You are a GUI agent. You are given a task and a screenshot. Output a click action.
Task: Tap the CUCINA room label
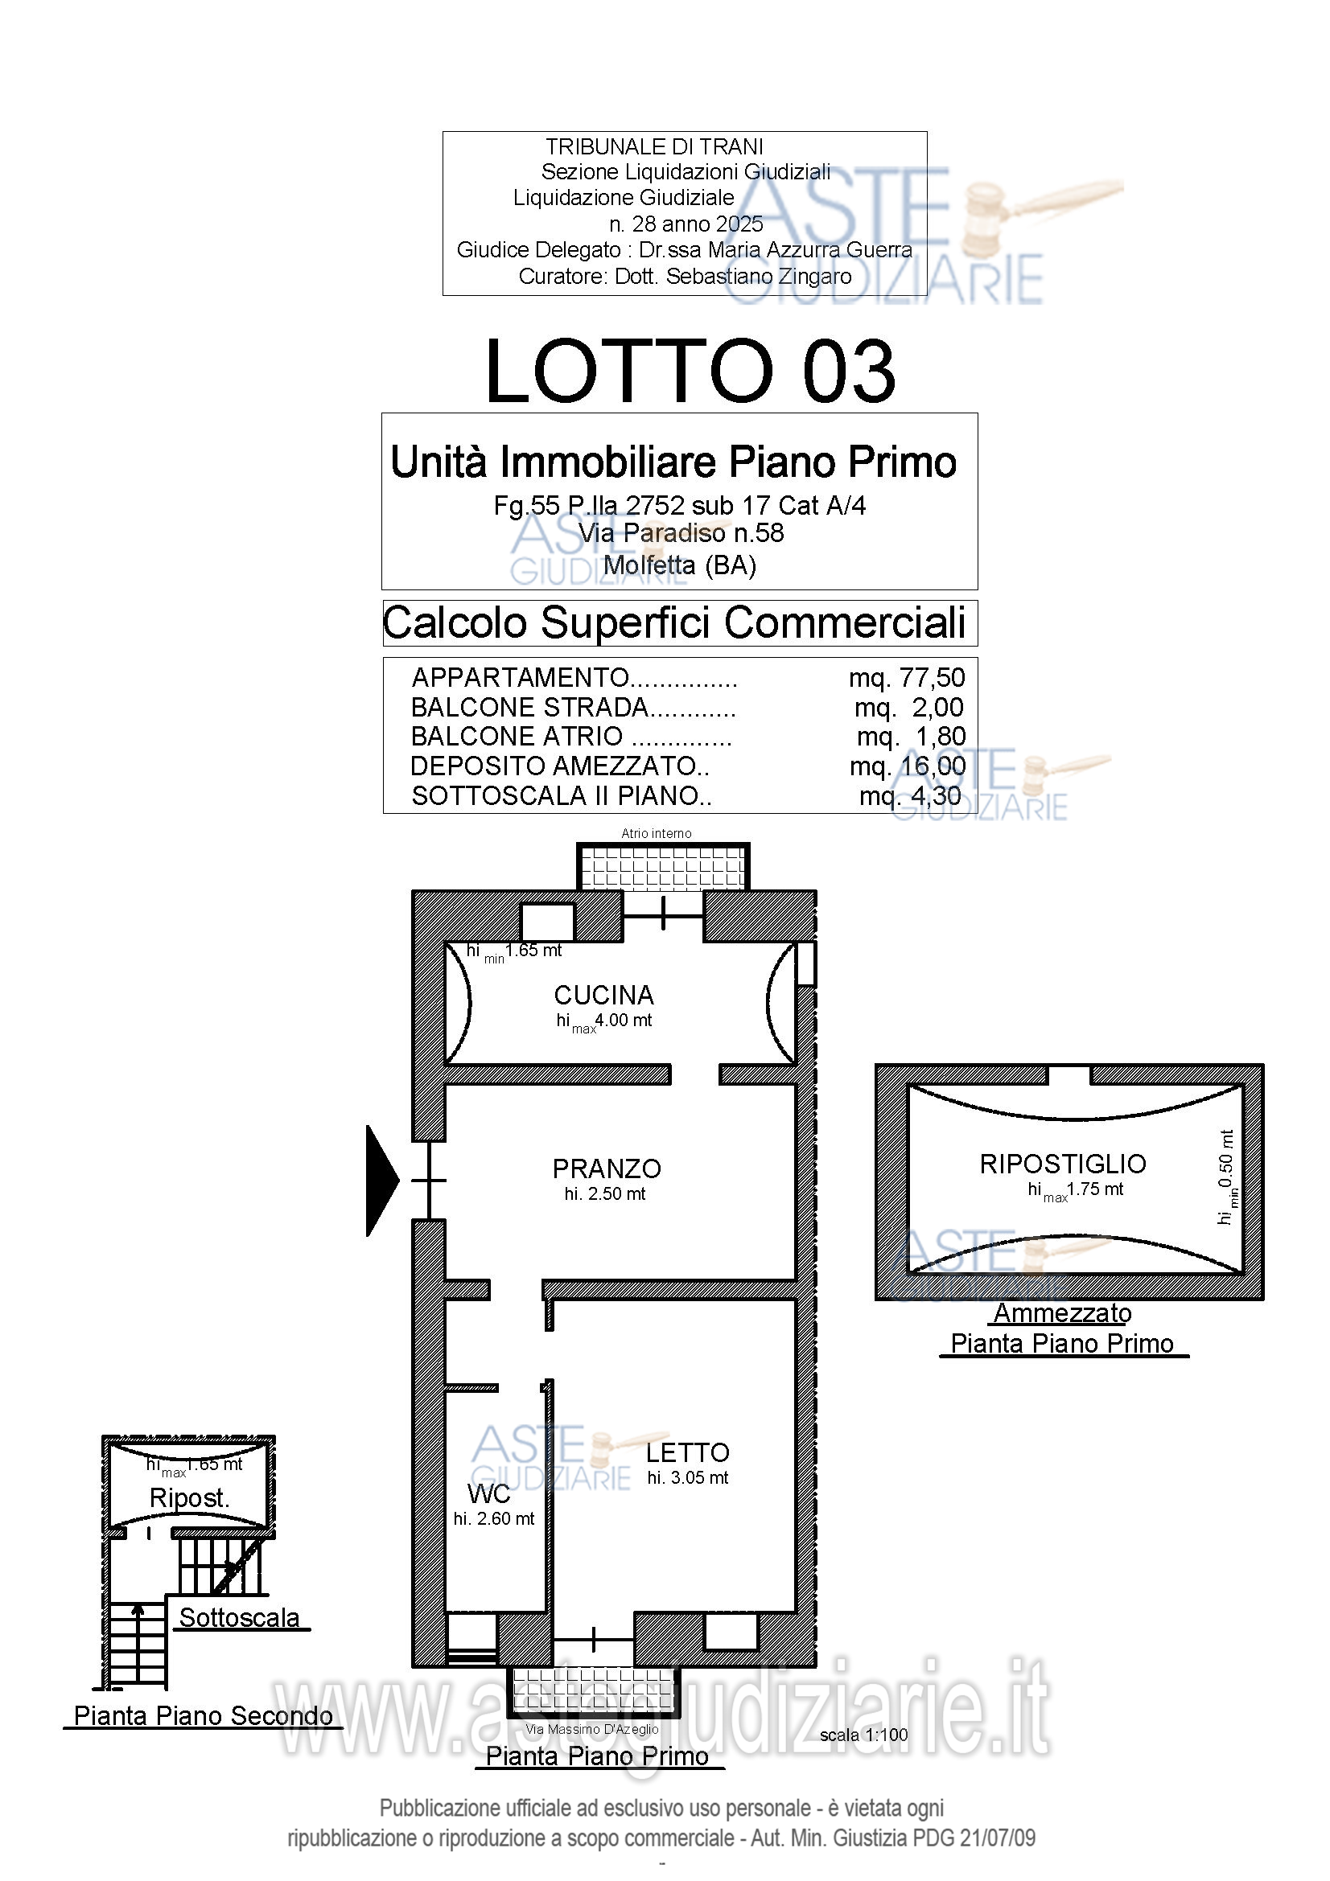coord(604,996)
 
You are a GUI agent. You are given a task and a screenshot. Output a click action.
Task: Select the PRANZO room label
coord(607,1169)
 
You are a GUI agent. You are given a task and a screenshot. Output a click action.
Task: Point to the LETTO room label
coord(688,1453)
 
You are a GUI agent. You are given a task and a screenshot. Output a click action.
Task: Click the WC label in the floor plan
coord(488,1493)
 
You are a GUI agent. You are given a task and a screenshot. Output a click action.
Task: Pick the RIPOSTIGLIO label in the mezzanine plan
coord(1063,1164)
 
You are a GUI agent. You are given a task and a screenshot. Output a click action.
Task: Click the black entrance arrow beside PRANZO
coord(382,1181)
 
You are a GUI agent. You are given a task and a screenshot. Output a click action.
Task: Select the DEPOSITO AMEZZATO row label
coord(561,766)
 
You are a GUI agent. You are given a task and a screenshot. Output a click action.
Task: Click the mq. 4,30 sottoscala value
coord(911,795)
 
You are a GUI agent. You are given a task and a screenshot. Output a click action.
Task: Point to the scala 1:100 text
coord(863,1735)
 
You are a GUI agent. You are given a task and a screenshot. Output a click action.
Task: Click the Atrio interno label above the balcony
coord(657,834)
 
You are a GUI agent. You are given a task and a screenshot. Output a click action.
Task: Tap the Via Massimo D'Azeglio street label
coord(591,1730)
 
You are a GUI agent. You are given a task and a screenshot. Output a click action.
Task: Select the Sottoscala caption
coord(239,1618)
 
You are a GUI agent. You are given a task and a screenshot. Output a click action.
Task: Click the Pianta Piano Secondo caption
coord(204,1716)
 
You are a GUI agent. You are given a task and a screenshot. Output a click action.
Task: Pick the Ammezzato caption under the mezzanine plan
coord(1062,1313)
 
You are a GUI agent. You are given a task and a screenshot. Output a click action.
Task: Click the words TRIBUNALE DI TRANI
coord(655,146)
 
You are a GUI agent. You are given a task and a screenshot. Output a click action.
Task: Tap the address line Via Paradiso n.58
coord(681,533)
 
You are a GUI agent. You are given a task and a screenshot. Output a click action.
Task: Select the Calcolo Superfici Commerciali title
coord(674,622)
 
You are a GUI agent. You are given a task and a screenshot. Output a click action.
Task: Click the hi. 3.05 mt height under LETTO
coord(688,1478)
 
